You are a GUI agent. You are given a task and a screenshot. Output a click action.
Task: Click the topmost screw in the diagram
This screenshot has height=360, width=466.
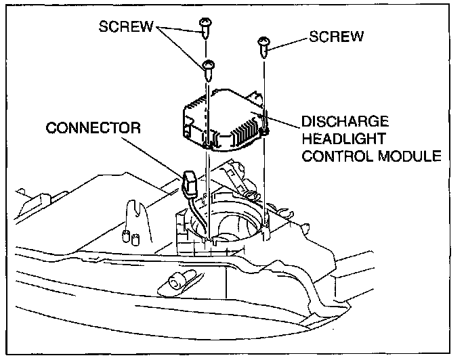click(x=206, y=26)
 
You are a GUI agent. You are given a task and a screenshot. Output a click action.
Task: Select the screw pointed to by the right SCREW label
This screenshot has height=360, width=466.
click(x=263, y=45)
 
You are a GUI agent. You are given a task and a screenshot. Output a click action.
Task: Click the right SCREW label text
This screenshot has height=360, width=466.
click(x=337, y=35)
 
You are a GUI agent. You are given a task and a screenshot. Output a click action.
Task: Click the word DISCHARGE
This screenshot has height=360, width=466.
click(x=345, y=122)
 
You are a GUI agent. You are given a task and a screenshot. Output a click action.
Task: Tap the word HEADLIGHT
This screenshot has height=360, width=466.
click(x=344, y=139)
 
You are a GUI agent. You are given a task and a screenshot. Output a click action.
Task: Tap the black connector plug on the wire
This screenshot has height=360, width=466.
click(x=189, y=181)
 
